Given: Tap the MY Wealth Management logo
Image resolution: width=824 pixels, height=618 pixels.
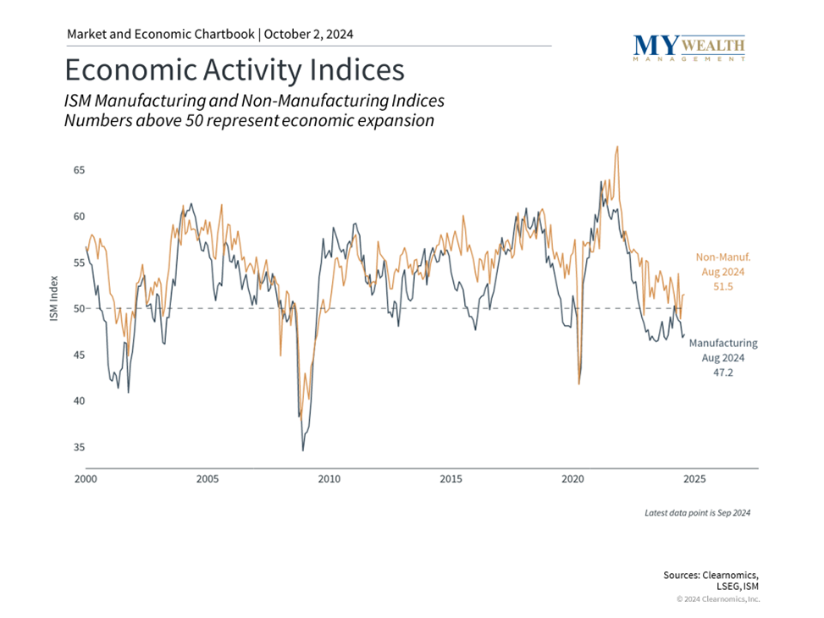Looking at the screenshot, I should click(x=689, y=47).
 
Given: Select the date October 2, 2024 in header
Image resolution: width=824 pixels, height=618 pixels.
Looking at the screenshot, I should click(x=308, y=34).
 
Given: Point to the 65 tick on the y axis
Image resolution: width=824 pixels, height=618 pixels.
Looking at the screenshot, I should click(x=79, y=170).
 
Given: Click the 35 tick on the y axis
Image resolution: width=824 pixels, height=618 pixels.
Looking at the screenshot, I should click(x=79, y=447).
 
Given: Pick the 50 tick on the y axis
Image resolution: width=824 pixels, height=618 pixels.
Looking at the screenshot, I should click(x=79, y=309).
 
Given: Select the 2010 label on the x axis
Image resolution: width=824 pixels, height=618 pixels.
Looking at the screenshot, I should click(x=329, y=479).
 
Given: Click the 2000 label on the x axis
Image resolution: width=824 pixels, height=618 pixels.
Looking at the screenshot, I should click(x=86, y=479).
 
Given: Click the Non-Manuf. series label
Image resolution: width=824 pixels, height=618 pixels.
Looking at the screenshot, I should click(x=722, y=257).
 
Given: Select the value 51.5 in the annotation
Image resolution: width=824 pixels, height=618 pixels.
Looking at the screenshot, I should click(x=722, y=288).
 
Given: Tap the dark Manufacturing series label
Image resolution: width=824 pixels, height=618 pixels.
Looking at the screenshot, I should click(x=722, y=344).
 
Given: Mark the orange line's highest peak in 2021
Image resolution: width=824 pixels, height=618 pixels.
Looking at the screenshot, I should click(x=617, y=146).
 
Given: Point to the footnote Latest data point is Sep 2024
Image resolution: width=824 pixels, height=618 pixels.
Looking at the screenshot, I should click(x=697, y=513).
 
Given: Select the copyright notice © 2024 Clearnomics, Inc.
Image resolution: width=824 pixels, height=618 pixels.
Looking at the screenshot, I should click(x=718, y=599).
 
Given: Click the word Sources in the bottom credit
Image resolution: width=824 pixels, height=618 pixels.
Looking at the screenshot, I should click(x=684, y=575).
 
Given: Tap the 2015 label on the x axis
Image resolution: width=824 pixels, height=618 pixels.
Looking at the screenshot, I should click(x=451, y=479).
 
